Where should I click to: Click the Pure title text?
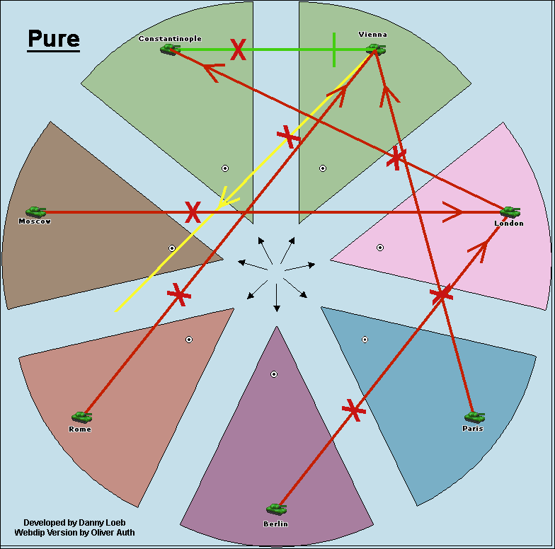54,39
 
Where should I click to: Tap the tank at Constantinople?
169,49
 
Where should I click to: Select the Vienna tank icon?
375,49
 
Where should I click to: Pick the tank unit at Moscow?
35,212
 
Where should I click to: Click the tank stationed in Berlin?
276,509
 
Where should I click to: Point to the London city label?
509,224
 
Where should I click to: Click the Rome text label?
80,429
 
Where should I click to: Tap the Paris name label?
473,429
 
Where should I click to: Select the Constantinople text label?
170,39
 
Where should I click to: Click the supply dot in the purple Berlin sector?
274,374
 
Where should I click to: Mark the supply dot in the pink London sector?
380,248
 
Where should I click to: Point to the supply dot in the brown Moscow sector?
172,248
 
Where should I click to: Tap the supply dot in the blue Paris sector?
365,340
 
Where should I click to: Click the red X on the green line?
238,50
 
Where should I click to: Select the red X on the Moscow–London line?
193,212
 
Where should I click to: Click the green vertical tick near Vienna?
334,50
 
